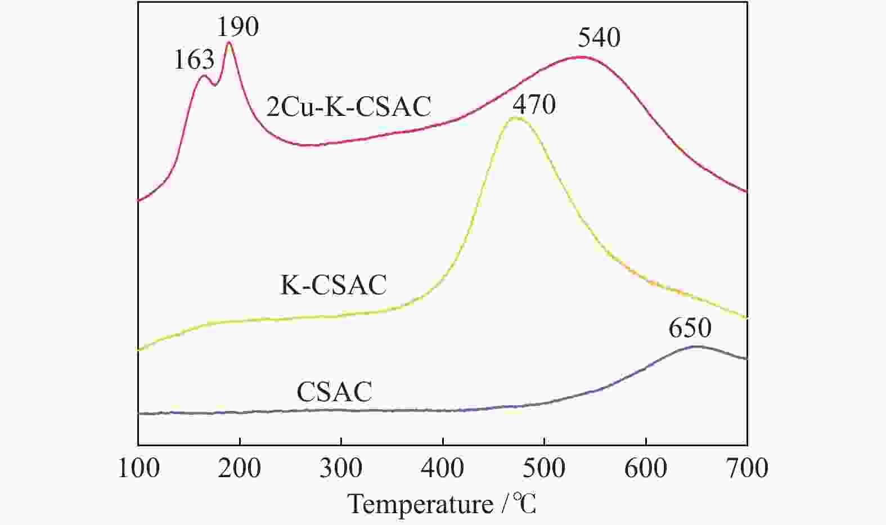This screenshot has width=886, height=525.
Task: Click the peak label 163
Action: [x=194, y=60]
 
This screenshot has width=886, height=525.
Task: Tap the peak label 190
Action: [x=238, y=27]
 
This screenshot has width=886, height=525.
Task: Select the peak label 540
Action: [x=599, y=38]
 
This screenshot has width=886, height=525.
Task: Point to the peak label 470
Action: [x=534, y=104]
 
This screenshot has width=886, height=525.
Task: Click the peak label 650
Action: [x=690, y=328]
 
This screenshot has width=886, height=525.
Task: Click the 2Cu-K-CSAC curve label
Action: [x=349, y=106]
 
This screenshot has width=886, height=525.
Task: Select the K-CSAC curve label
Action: [x=334, y=285]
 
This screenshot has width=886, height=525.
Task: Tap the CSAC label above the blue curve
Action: [x=334, y=392]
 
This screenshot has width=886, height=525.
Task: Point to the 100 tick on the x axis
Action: [x=138, y=468]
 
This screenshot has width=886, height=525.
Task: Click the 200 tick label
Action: [x=240, y=468]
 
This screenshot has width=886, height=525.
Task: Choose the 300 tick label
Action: [x=341, y=468]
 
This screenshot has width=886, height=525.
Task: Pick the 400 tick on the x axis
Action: [x=443, y=468]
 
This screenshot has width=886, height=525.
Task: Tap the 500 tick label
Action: [x=545, y=468]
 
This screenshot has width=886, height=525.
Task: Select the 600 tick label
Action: [x=646, y=468]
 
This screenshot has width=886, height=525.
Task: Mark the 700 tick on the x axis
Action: [x=747, y=468]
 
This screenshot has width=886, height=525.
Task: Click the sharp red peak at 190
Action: [x=228, y=43]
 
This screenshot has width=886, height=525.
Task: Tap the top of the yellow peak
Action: [x=515, y=118]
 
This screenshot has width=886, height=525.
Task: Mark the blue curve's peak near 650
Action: [x=696, y=347]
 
